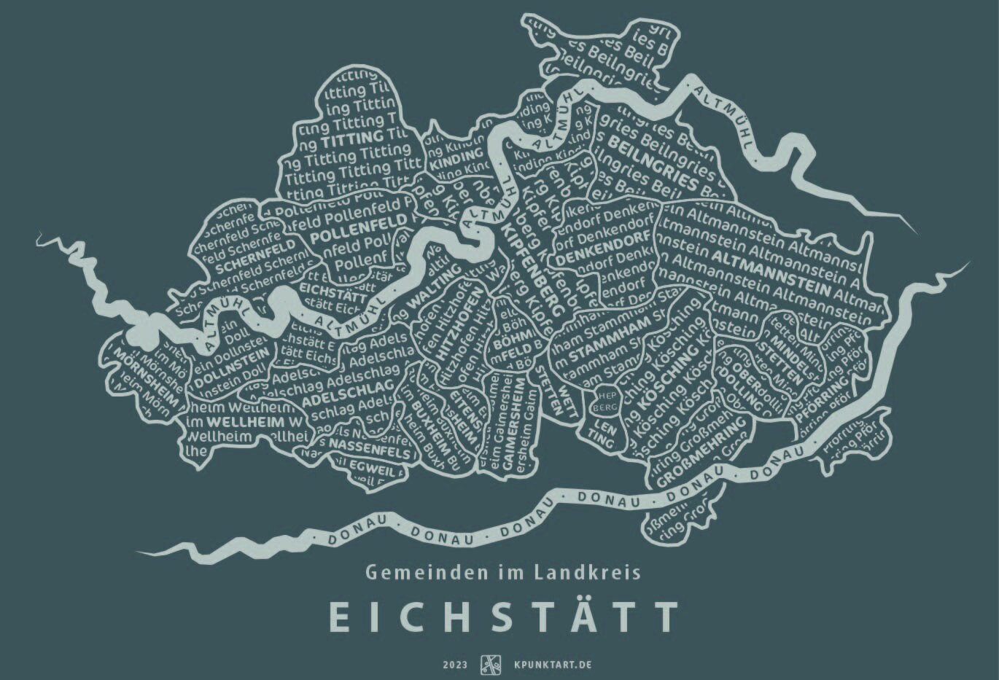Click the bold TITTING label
(x=351, y=138)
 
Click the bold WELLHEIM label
(x=237, y=421)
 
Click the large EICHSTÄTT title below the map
(x=503, y=617)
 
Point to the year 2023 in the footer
(x=454, y=665)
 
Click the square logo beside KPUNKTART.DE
(x=491, y=665)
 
